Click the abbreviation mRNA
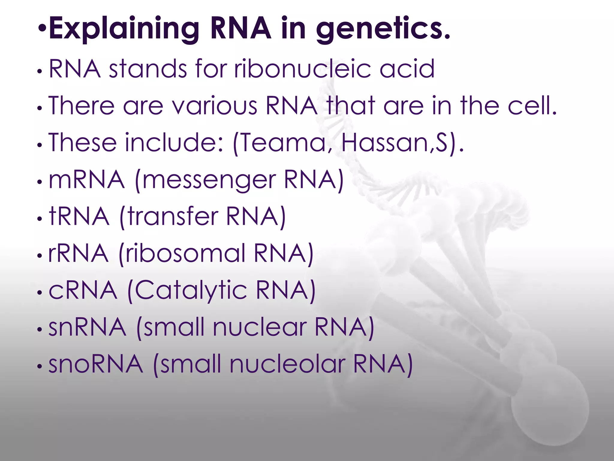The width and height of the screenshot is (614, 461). [x=87, y=179]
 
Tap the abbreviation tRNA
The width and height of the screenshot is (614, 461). [x=79, y=216]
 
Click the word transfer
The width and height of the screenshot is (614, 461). [x=173, y=216]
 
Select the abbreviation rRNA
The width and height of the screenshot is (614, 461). [x=78, y=253]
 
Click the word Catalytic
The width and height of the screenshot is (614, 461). [x=191, y=291]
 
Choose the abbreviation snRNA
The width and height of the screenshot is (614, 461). [x=87, y=327]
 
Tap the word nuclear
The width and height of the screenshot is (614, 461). [x=260, y=327]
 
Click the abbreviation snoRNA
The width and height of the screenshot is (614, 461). [x=96, y=364]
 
